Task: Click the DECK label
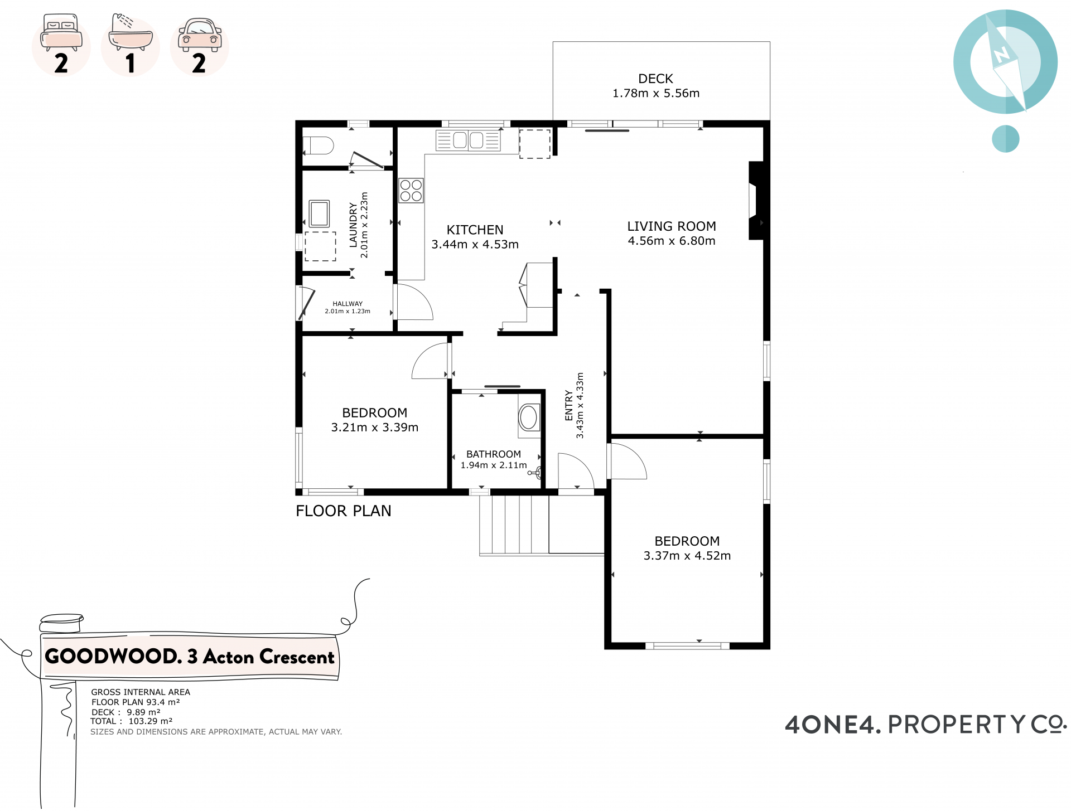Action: [x=655, y=79]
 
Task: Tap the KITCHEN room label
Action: [x=475, y=230]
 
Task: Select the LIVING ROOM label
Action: [x=672, y=226]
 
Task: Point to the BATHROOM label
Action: [x=494, y=454]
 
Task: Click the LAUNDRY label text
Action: [x=353, y=225]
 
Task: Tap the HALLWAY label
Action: [x=348, y=304]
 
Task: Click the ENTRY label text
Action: [x=569, y=405]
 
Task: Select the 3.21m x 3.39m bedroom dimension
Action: [x=375, y=428]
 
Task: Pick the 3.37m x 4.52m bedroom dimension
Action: [x=687, y=556]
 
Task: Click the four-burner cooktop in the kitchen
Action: [x=411, y=190]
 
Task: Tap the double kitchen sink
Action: [x=469, y=140]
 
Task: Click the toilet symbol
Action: [x=318, y=145]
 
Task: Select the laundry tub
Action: [x=319, y=213]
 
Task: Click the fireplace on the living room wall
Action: [x=756, y=201]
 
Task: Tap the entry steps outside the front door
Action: [x=514, y=525]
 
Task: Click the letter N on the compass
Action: [x=1002, y=55]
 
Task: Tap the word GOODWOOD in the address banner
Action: [x=113, y=657]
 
